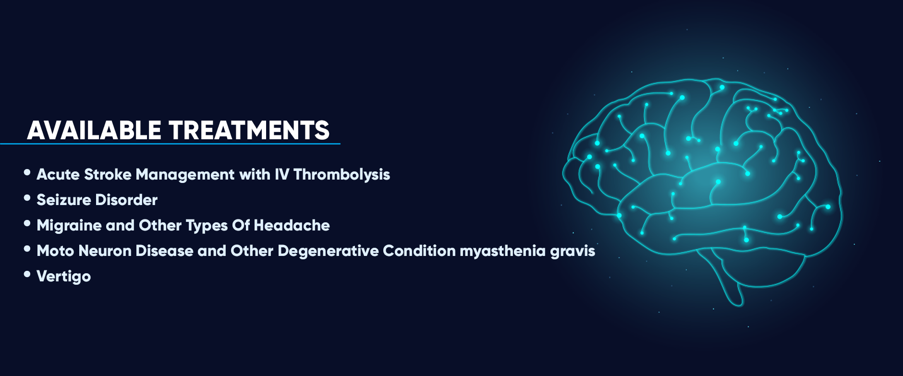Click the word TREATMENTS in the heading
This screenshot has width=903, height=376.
click(x=249, y=130)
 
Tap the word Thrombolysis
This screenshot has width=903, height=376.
click(x=342, y=175)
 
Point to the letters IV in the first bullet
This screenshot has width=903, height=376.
click(x=282, y=174)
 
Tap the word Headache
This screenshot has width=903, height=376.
click(x=292, y=225)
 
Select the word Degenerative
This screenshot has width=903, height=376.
click(x=328, y=251)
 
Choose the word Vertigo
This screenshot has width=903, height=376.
click(x=64, y=277)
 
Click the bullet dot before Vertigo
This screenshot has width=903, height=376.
click(x=27, y=274)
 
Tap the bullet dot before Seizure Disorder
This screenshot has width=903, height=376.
click(x=27, y=198)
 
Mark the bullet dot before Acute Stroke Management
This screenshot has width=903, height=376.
click(x=27, y=172)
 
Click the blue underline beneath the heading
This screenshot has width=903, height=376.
click(x=170, y=143)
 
